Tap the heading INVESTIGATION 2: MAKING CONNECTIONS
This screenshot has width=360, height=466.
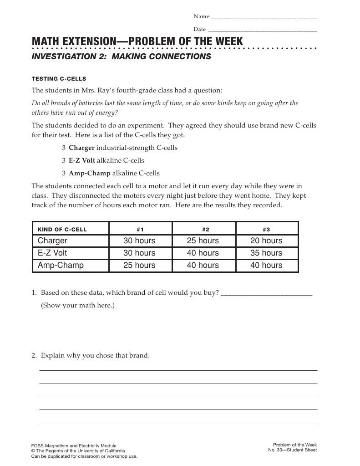121,56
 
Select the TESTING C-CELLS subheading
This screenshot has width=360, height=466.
59,79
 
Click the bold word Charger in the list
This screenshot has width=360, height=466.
81,148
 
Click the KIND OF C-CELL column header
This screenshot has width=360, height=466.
62,229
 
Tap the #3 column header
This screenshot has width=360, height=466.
266,229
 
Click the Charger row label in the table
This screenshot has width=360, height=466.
52,241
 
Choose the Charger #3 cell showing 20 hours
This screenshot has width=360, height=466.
266,241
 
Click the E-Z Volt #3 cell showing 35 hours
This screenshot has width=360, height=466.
266,253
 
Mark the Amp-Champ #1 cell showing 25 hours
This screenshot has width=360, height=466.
139,265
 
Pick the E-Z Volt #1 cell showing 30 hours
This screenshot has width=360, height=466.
139,253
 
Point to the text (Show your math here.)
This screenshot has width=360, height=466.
78,305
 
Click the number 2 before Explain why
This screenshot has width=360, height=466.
34,355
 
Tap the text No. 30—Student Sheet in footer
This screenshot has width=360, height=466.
292,451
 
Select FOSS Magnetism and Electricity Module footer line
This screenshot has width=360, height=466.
73,446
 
